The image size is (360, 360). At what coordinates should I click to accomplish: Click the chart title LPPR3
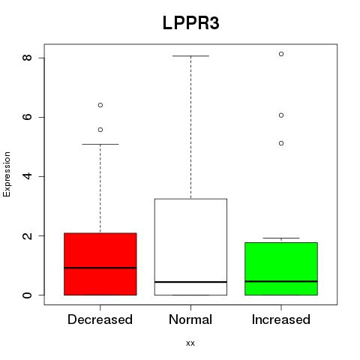click(191, 23)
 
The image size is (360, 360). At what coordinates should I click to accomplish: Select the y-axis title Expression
click(7, 174)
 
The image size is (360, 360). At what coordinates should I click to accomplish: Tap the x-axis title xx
click(190, 343)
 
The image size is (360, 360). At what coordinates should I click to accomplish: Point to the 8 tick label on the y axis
click(27, 58)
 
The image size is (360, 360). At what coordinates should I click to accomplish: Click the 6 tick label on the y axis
click(27, 117)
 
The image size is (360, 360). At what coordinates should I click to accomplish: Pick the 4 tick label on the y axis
click(27, 176)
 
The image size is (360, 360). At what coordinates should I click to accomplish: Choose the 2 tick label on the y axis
click(27, 235)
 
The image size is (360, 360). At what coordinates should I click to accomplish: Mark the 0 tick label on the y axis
click(27, 295)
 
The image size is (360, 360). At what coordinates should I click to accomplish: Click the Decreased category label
click(100, 319)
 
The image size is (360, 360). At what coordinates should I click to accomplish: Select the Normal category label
click(190, 319)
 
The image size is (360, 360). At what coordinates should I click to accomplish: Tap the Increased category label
click(281, 319)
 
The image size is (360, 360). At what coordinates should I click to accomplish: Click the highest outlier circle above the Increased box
click(281, 54)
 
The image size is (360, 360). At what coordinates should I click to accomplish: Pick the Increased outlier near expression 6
click(281, 115)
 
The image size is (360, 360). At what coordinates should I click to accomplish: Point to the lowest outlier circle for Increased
click(281, 143)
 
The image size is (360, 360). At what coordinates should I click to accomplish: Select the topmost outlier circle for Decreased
click(100, 105)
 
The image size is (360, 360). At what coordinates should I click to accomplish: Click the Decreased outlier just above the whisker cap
click(100, 130)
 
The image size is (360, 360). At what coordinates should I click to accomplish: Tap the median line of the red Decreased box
click(100, 268)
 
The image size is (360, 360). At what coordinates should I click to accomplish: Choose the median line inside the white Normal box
click(190, 282)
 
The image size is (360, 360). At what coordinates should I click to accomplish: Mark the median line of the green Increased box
click(281, 281)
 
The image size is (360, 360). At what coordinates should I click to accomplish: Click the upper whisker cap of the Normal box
click(190, 56)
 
